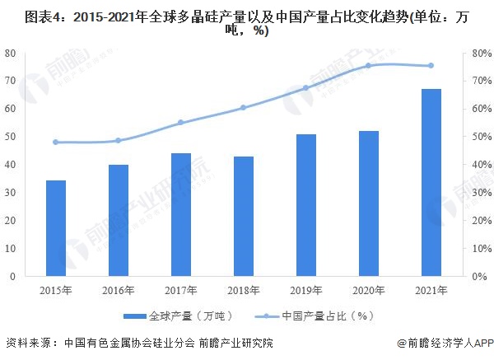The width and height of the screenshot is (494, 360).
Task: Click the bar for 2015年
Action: pos(56,228)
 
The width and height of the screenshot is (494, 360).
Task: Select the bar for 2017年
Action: pos(181,215)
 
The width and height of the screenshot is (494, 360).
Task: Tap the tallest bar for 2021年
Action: pos(431,182)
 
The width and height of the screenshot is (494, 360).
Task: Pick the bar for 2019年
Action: pos(306,205)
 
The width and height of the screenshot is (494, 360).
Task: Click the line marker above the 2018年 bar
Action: pos(244,108)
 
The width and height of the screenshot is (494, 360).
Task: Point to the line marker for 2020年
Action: pos(369,65)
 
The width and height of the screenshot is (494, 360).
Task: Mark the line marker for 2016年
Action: pos(119,140)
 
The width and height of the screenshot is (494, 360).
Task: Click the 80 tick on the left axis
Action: pos(11,53)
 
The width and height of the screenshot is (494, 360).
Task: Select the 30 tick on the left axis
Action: pos(11,193)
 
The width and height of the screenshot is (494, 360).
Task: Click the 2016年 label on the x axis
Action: pos(119,290)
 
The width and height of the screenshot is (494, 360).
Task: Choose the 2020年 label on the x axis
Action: pos(369,290)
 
